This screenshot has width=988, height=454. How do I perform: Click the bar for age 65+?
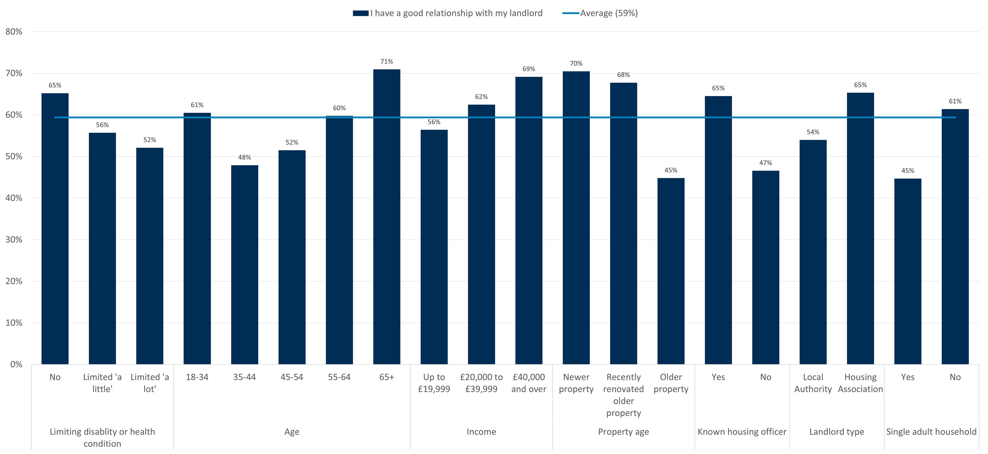tap(387, 217)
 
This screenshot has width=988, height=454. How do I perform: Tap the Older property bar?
tap(671, 271)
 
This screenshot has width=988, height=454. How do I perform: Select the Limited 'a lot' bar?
tap(150, 256)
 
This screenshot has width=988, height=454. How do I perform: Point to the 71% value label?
tap(387, 61)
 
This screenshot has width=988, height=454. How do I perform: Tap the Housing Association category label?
tap(860, 383)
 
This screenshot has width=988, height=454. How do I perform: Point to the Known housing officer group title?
tap(742, 432)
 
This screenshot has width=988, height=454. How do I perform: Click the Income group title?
tap(481, 432)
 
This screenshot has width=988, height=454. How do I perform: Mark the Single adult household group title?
tap(931, 432)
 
